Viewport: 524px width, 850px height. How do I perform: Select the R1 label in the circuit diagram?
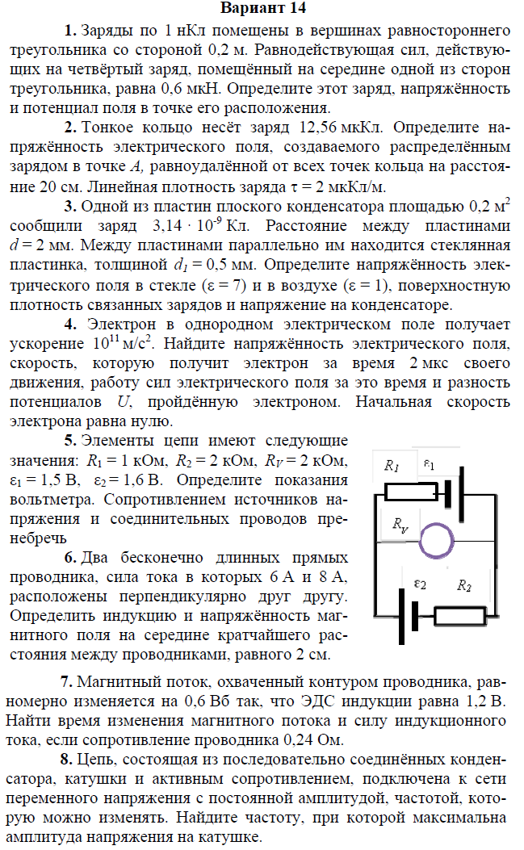pyautogui.click(x=392, y=466)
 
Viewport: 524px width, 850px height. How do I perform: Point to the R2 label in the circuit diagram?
pyautogui.click(x=463, y=586)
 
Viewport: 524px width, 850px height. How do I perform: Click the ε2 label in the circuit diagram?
pyautogui.click(x=419, y=583)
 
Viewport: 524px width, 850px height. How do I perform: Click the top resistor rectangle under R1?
pyautogui.click(x=410, y=492)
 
